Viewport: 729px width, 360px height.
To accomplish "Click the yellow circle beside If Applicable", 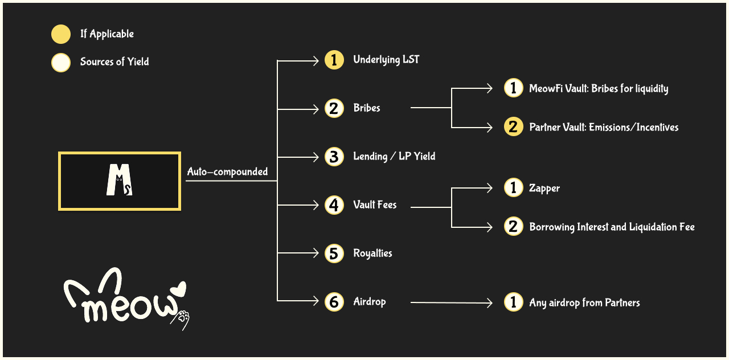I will coord(61,34).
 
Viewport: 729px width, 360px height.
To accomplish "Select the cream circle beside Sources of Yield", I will coord(61,62).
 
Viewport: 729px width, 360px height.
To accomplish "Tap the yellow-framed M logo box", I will coord(120,181).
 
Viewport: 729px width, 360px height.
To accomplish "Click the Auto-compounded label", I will coord(227,172).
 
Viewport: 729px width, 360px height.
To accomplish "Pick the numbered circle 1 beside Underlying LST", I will coord(334,60).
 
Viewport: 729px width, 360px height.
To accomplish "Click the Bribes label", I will coord(367,108).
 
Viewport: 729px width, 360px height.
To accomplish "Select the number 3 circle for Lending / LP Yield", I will coord(334,157).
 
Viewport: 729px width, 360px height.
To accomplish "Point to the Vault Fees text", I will coord(375,205).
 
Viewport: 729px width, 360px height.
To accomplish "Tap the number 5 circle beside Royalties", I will coord(334,253).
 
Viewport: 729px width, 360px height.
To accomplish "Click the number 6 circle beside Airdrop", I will coord(334,302).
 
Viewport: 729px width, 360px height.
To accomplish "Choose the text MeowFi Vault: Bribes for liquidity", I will coord(599,88).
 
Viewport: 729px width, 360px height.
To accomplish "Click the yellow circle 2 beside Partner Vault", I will coord(513,127).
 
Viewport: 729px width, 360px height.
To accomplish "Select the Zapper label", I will coord(544,189).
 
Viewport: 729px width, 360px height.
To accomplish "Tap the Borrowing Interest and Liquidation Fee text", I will coord(612,227).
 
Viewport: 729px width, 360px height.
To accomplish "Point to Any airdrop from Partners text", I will coord(584,302).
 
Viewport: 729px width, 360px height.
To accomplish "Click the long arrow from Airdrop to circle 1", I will coord(450,303).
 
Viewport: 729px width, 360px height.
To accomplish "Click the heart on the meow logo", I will coord(179,289).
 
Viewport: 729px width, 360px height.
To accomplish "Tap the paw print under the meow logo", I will coord(182,318).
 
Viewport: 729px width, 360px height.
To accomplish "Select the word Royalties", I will coord(372,253).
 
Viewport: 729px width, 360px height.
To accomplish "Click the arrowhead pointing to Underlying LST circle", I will coord(316,60).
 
